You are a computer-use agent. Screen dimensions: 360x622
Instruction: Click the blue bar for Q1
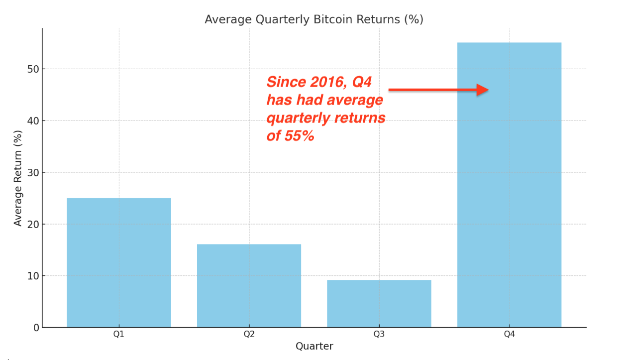click(119, 262)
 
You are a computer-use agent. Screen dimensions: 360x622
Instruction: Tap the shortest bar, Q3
click(379, 303)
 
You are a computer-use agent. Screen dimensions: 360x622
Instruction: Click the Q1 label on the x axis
click(119, 334)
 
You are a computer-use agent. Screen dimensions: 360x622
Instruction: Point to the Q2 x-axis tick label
click(249, 334)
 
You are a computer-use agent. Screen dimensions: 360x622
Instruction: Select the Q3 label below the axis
click(379, 334)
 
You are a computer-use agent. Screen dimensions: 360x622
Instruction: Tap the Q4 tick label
click(509, 334)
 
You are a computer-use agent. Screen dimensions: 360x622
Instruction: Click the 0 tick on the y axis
click(36, 328)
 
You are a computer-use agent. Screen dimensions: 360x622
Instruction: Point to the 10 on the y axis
click(33, 276)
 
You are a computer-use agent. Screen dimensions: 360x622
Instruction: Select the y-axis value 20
click(33, 224)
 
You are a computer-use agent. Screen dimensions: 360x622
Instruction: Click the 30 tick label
click(33, 172)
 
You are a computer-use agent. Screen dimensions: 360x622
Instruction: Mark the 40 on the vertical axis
click(33, 120)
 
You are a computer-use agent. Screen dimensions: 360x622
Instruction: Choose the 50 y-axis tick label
click(33, 69)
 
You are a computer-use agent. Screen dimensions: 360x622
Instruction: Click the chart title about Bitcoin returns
click(314, 19)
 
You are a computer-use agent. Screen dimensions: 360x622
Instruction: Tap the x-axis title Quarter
click(314, 346)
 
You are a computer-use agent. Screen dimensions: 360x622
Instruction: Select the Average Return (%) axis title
click(18, 178)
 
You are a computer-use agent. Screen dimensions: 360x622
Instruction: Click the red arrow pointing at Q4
click(438, 90)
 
